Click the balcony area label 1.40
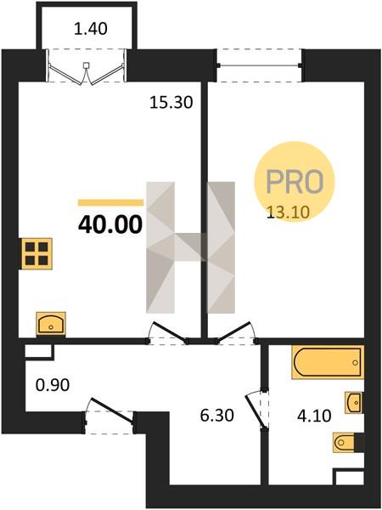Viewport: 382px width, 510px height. [91, 29]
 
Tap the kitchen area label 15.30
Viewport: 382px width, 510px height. [171, 103]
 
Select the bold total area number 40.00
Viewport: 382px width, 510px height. [110, 224]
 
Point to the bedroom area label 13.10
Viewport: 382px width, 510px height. [288, 212]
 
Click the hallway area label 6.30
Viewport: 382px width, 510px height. [216, 416]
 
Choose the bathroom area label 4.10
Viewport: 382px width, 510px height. [315, 416]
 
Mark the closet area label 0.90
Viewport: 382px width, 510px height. [53, 385]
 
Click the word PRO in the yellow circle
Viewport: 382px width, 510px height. [295, 182]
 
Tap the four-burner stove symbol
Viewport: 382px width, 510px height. [37, 253]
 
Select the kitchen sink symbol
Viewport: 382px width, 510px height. [51, 324]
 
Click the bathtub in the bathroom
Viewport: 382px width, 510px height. [328, 362]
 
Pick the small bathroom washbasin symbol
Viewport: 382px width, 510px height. [354, 403]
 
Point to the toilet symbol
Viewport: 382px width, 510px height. [345, 442]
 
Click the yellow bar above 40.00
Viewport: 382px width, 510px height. [110, 203]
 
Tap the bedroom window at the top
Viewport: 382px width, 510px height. [259, 65]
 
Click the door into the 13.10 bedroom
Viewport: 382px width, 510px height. [233, 332]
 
